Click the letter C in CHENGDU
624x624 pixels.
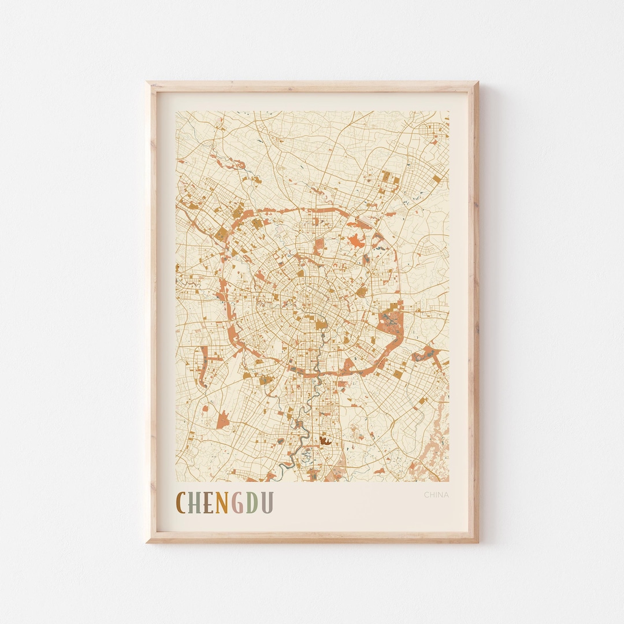(x=182, y=503)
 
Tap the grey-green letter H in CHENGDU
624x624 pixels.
(x=195, y=503)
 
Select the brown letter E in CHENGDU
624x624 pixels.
(x=208, y=503)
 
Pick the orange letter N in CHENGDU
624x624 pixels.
(x=222, y=503)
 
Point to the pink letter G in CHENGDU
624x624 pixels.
(x=237, y=503)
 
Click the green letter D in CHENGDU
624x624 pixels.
(x=251, y=503)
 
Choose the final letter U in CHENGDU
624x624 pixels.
(x=266, y=503)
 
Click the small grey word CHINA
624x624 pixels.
(x=436, y=495)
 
